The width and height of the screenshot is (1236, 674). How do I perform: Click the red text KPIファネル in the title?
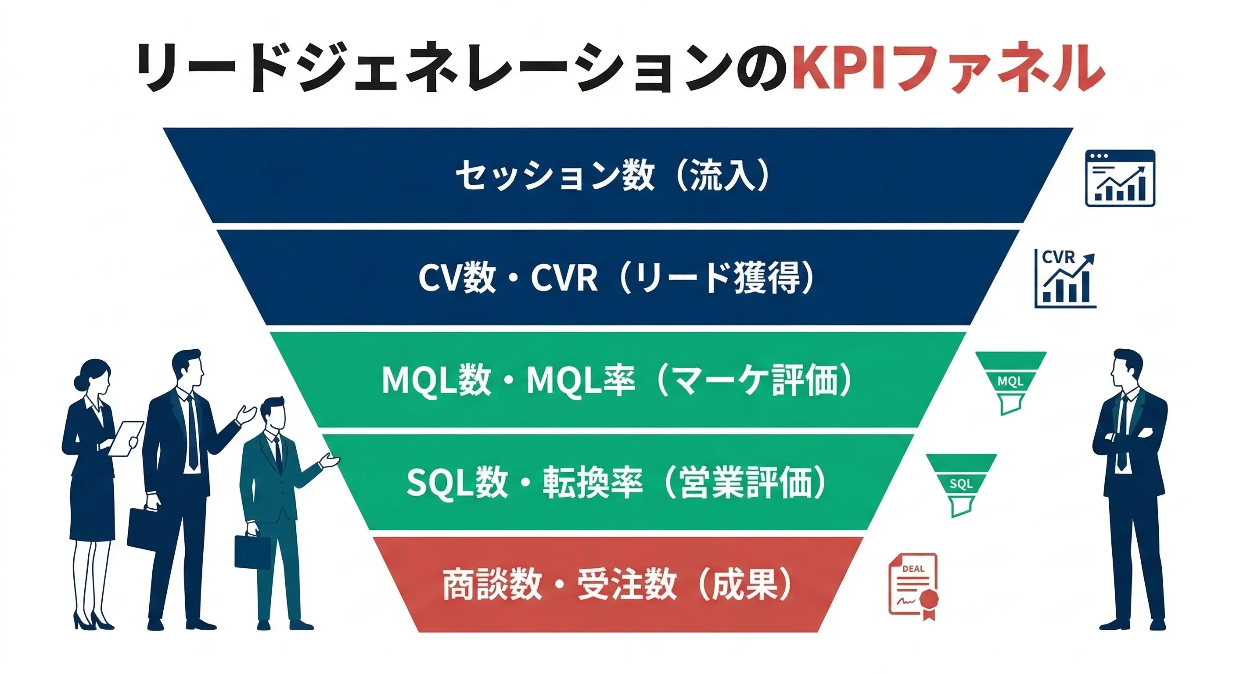coord(948,67)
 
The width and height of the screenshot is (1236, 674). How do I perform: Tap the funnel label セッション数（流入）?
coord(613,175)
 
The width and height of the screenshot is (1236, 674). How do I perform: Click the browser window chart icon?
coord(1120,178)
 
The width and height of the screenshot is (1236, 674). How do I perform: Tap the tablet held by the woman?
coord(126,438)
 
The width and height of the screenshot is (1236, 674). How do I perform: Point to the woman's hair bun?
coord(78,383)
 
